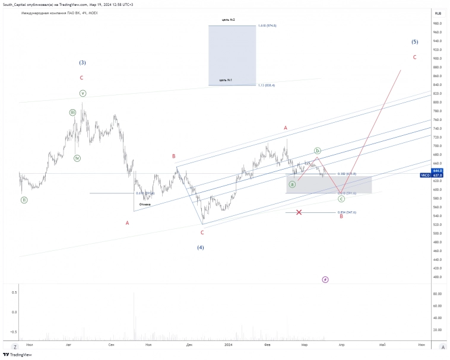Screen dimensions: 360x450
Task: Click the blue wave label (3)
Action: (x=83, y=62)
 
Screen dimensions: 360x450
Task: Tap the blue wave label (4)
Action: (x=201, y=247)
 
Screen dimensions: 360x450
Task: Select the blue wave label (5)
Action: (x=414, y=42)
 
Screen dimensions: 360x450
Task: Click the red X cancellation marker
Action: (x=299, y=212)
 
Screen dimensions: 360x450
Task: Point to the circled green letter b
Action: (x=318, y=151)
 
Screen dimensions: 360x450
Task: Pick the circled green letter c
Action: (x=341, y=199)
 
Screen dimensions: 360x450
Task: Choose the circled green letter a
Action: (x=292, y=184)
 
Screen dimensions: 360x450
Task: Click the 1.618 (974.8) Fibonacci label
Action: (x=268, y=26)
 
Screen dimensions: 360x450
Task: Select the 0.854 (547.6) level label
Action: (x=347, y=212)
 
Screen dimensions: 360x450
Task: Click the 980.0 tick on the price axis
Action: (x=438, y=24)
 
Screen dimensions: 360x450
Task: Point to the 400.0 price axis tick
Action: (x=438, y=277)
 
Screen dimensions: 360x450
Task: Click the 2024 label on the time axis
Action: (x=229, y=344)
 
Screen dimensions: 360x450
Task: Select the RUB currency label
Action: (x=438, y=13)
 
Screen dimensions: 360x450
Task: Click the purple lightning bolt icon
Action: (x=325, y=279)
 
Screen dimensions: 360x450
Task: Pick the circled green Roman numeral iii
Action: (x=72, y=112)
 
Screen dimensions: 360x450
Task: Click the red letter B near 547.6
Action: (x=341, y=216)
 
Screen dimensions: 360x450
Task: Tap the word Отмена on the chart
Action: (x=145, y=205)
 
